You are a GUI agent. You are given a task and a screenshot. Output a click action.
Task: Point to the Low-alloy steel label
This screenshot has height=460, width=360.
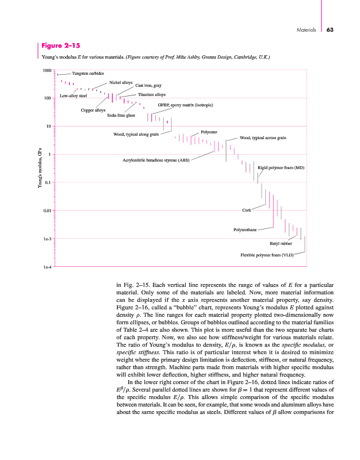73,95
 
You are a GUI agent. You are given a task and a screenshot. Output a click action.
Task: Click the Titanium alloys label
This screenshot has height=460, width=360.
152,94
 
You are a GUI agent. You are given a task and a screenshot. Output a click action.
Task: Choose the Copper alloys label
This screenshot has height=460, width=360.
93,109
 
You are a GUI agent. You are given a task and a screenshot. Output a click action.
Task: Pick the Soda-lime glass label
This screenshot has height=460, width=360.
121,116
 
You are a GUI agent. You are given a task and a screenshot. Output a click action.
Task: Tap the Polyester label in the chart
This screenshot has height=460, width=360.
209,133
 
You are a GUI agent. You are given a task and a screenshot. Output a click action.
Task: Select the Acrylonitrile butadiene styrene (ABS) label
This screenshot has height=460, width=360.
156,159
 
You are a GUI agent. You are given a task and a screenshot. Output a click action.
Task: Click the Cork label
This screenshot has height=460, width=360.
247,210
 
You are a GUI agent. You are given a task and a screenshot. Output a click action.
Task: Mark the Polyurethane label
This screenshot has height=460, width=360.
244,229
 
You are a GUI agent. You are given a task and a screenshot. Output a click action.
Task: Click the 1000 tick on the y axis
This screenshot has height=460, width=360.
47,70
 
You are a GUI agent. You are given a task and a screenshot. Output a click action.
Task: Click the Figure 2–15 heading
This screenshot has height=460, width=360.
60,45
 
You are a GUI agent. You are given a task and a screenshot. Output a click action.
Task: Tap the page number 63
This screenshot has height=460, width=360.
330,30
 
